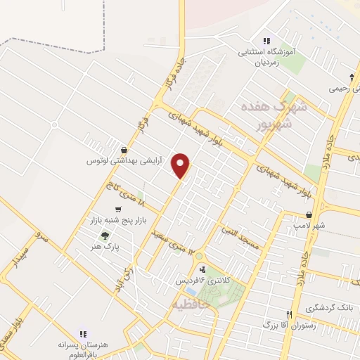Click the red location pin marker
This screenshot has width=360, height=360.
click(182, 165)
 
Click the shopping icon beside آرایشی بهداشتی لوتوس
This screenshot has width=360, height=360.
click(124, 149)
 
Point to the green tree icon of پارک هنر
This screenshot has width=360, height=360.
click(105, 236)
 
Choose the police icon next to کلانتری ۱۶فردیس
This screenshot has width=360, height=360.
click(202, 269)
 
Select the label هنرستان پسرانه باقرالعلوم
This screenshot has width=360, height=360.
click(82, 350)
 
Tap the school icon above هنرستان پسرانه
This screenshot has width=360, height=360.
click(82, 334)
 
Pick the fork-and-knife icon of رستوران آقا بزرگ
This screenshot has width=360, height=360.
click(288, 314)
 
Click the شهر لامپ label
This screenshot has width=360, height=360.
click(309, 226)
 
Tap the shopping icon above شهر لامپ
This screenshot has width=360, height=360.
click(309, 214)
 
